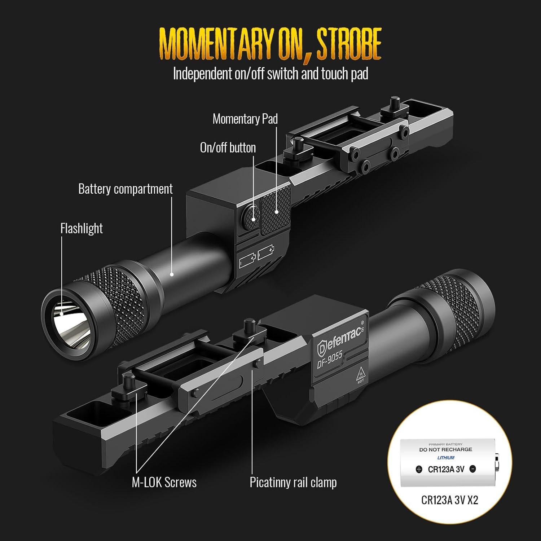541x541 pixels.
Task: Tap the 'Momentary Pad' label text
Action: (x=245, y=119)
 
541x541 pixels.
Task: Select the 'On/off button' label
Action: (x=228, y=148)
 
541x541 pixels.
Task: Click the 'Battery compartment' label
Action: (x=125, y=189)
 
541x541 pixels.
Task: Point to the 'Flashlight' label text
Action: (x=82, y=228)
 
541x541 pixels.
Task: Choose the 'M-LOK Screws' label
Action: (x=164, y=482)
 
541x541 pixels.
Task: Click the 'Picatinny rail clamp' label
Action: (x=293, y=482)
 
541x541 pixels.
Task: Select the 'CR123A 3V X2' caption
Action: (x=449, y=500)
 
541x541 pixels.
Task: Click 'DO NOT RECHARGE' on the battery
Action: (x=445, y=450)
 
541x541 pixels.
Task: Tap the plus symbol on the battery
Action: (x=419, y=470)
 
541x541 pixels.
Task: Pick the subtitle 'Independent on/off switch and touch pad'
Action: (x=270, y=74)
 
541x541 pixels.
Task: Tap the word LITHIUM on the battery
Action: (x=446, y=458)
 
